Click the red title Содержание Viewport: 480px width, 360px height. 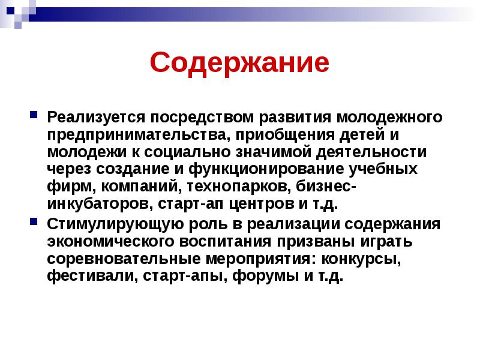(x=239, y=62)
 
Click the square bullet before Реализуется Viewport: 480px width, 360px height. (x=34, y=113)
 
